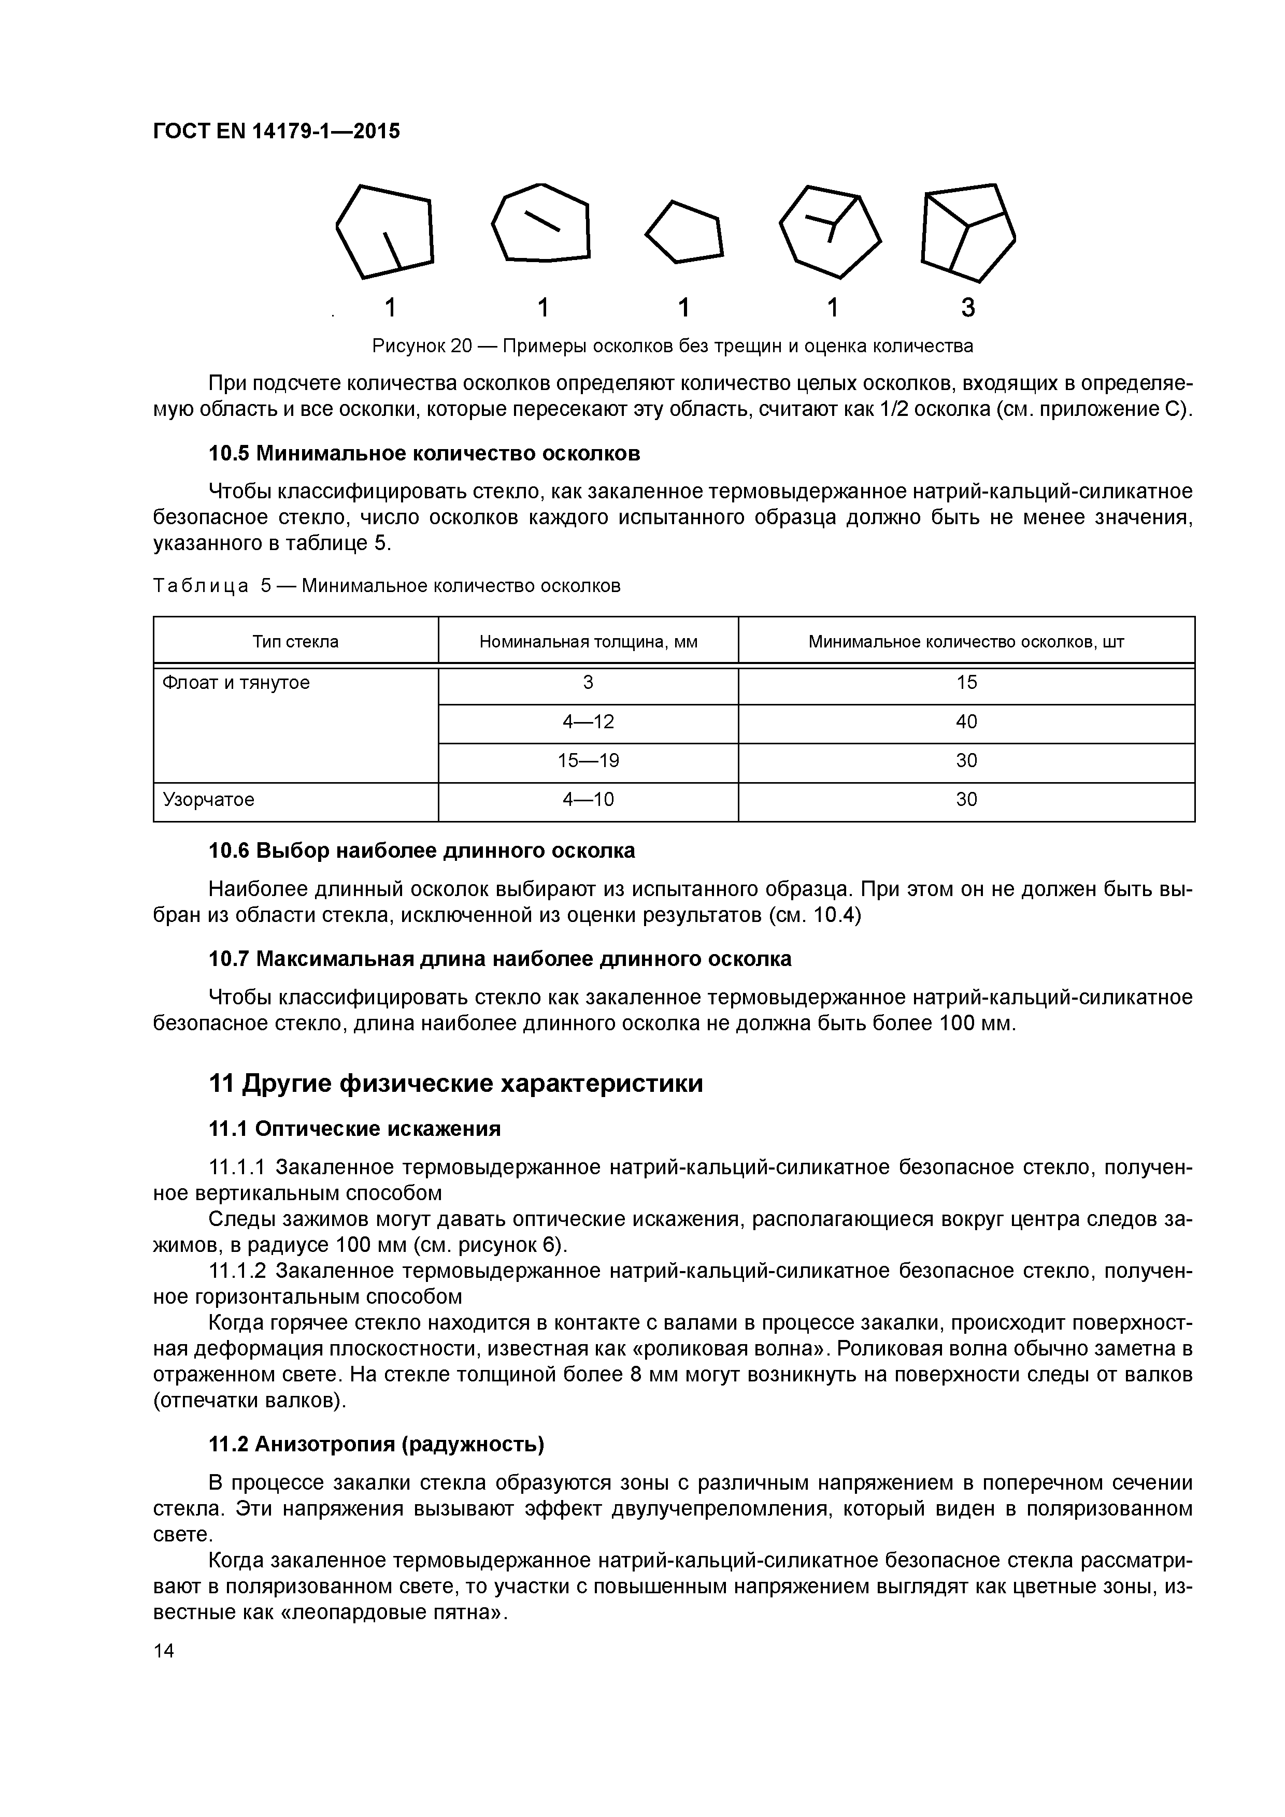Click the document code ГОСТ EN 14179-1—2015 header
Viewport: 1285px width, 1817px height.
coord(276,132)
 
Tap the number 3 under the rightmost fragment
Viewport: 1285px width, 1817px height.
coord(967,308)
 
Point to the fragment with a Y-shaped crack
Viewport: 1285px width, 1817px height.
coord(829,231)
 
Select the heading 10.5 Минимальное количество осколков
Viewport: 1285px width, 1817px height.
coord(423,453)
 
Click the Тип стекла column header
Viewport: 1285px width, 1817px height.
coord(295,641)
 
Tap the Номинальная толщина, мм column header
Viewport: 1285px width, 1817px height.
coord(588,641)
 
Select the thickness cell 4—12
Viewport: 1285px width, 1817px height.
coord(588,722)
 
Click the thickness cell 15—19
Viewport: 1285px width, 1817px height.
coord(588,760)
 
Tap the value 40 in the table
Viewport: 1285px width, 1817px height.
coord(966,722)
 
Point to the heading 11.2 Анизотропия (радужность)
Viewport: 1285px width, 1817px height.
coord(376,1444)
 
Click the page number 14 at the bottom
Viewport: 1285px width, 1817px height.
coord(164,1650)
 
